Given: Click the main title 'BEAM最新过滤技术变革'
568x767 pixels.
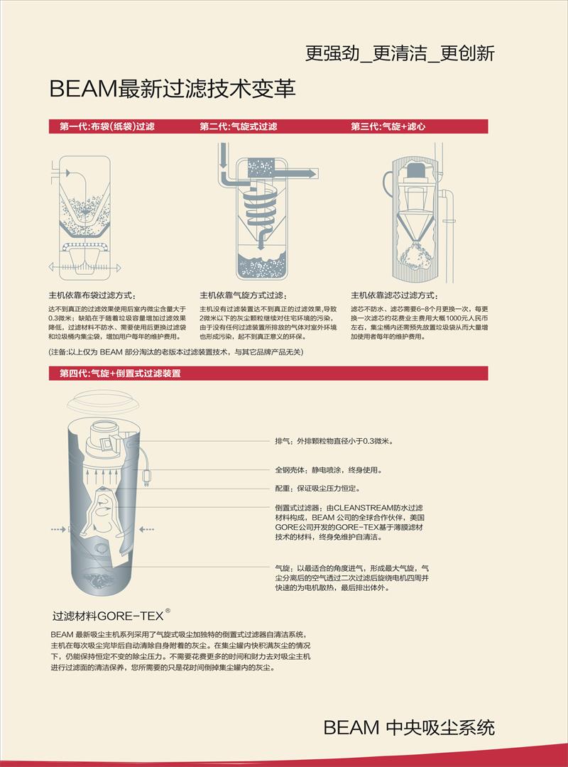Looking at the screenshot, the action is point(173,89).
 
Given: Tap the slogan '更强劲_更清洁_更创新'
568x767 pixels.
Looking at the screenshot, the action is point(400,53).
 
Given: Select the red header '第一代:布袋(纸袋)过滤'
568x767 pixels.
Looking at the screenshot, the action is point(107,126).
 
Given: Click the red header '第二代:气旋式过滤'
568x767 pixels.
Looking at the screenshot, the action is point(239,126).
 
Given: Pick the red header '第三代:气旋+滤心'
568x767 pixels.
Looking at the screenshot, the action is point(388,126).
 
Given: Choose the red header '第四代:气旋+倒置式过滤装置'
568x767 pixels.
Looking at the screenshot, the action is point(121,374).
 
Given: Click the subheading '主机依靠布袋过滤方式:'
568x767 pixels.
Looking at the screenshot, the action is point(92,295).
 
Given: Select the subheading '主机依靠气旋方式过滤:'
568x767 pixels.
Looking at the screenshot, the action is point(244,295).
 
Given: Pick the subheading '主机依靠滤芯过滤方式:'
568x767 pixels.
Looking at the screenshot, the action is point(394,295).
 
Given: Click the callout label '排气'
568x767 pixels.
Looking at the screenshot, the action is point(283,441).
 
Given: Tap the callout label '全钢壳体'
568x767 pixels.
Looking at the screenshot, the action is point(290,470).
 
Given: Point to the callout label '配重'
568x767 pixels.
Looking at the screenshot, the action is point(283,488).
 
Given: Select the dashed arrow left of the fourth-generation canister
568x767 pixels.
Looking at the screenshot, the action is point(58,529).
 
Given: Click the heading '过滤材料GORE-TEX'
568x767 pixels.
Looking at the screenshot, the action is point(108,615).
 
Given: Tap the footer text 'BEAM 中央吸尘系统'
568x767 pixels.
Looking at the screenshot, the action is point(409,727).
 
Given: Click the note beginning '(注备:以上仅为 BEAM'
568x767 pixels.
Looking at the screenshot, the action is point(176,352).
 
